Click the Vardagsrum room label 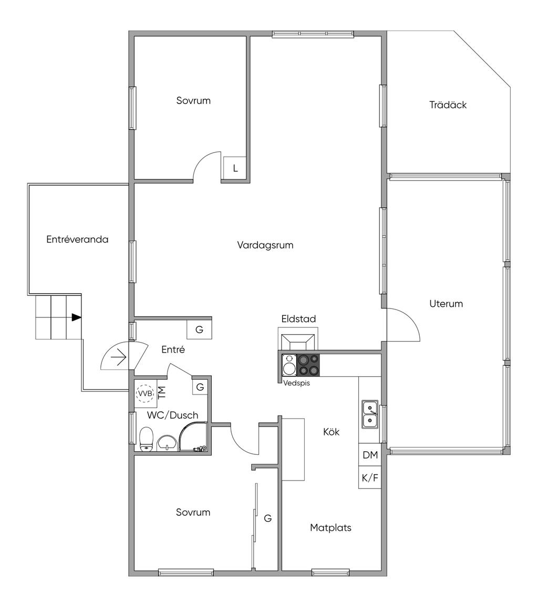(265, 245)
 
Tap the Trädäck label (448, 105)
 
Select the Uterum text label (446, 304)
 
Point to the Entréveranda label (77, 240)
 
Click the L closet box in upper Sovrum (235, 169)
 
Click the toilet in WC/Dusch (147, 438)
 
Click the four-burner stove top (308, 365)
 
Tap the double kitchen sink (370, 413)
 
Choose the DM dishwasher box (370, 455)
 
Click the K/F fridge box (370, 478)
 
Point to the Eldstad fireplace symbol (298, 341)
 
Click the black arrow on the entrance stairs (77, 317)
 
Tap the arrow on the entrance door (119, 359)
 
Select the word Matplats (330, 528)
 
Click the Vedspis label (296, 384)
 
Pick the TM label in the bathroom (162, 391)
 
